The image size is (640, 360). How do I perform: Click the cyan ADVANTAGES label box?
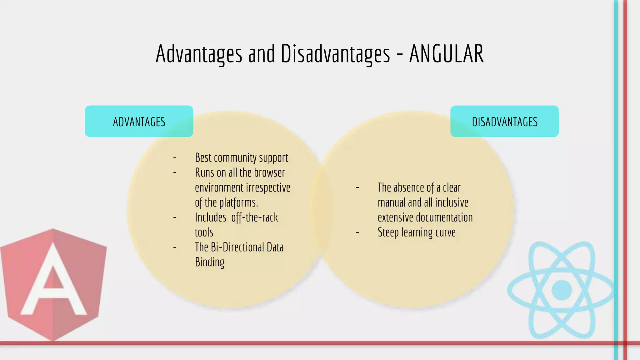(x=139, y=121)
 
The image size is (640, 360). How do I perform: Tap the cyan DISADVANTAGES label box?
(x=504, y=121)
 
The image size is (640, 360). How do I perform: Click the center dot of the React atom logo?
(x=562, y=290)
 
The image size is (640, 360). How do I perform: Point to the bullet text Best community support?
(x=241, y=158)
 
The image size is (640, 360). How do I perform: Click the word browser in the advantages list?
(x=269, y=172)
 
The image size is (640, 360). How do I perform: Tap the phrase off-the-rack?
(x=254, y=217)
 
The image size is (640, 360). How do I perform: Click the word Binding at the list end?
(x=209, y=262)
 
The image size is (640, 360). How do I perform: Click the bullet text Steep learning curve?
(x=416, y=232)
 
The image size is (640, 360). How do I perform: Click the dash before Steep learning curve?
(x=357, y=232)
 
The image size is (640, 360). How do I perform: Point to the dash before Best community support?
(x=175, y=158)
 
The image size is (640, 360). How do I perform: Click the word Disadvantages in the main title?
(x=335, y=54)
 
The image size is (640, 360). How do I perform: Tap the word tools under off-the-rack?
(x=204, y=232)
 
